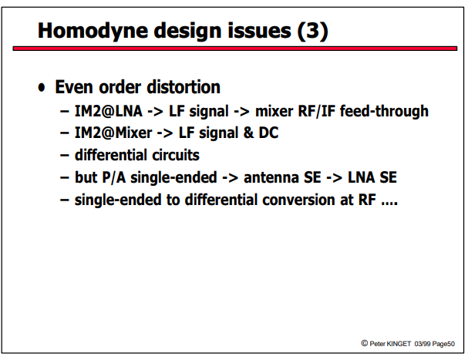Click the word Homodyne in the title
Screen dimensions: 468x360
[93, 32]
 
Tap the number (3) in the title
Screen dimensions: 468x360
[313, 31]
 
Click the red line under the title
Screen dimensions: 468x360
[235, 49]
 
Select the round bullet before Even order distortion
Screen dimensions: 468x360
[42, 88]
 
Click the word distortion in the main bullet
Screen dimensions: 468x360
[183, 87]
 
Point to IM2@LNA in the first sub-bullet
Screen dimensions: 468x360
[109, 111]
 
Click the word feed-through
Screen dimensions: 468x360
[385, 111]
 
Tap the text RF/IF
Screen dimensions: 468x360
[317, 111]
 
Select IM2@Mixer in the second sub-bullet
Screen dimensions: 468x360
[113, 133]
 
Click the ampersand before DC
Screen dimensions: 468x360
[248, 133]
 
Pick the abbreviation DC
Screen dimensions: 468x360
[268, 133]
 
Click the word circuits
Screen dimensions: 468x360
[176, 155]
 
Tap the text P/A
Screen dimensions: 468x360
[113, 177]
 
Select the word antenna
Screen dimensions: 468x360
[271, 177]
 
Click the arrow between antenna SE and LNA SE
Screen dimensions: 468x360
[335, 178]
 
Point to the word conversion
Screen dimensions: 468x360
[299, 200]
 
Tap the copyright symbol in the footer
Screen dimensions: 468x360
[364, 343]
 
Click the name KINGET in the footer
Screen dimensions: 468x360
[399, 344]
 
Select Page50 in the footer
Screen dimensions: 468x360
[443, 344]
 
